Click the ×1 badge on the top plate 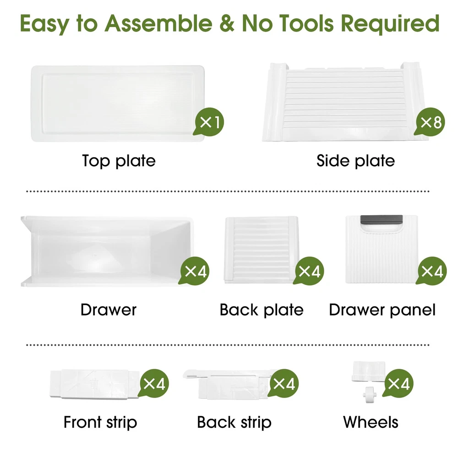(x=208, y=122)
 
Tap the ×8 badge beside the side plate (x=430, y=122)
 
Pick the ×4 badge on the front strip (x=153, y=383)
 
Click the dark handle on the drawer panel (x=382, y=219)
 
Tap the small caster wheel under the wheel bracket (x=370, y=395)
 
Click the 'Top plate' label (x=119, y=161)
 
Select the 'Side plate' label (x=355, y=161)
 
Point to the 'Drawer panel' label (x=382, y=310)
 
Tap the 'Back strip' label (x=234, y=422)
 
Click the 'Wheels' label (x=371, y=422)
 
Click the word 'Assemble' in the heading (x=158, y=23)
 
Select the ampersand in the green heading (x=228, y=23)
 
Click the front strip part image (x=95, y=383)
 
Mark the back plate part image (x=262, y=250)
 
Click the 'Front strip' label (x=100, y=422)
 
